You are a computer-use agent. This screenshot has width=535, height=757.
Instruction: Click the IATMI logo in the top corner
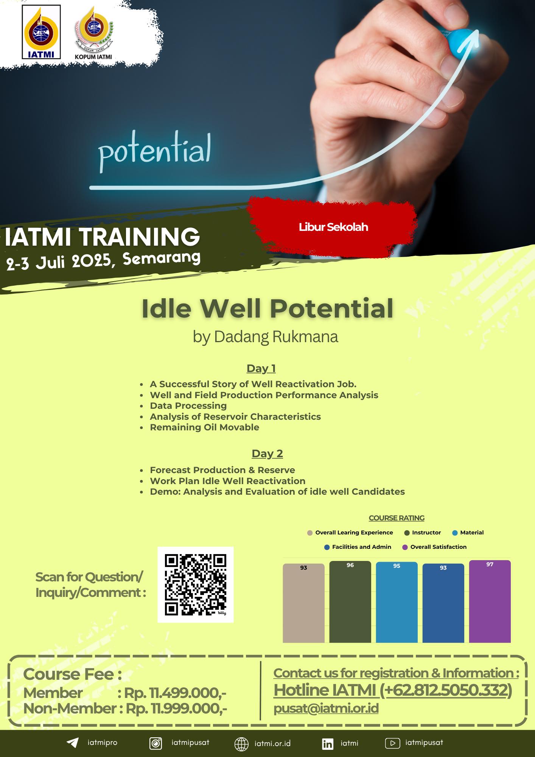[41, 32]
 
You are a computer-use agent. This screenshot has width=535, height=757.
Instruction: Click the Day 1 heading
[261, 368]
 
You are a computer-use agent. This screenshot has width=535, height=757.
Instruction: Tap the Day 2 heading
[267, 453]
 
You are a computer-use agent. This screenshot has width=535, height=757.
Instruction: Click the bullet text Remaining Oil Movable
[204, 427]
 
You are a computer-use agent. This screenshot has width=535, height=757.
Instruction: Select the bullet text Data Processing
[188, 406]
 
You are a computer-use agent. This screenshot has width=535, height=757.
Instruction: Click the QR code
[195, 585]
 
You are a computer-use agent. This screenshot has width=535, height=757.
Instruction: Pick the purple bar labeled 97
[490, 601]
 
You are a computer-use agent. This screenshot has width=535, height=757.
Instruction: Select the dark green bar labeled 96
[350, 602]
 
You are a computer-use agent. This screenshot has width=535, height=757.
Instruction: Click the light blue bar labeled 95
[397, 602]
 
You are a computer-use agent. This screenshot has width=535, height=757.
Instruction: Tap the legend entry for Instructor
[423, 533]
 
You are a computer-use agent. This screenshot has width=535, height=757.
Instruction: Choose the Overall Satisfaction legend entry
[434, 547]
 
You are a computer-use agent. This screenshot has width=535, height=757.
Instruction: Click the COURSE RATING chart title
[397, 518]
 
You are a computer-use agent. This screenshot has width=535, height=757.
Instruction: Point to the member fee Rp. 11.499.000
[175, 693]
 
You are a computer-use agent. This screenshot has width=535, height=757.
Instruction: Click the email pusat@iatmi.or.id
[326, 709]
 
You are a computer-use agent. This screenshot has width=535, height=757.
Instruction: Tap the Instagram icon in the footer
[156, 743]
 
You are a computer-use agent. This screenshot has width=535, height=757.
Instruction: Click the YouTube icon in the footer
[392, 743]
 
